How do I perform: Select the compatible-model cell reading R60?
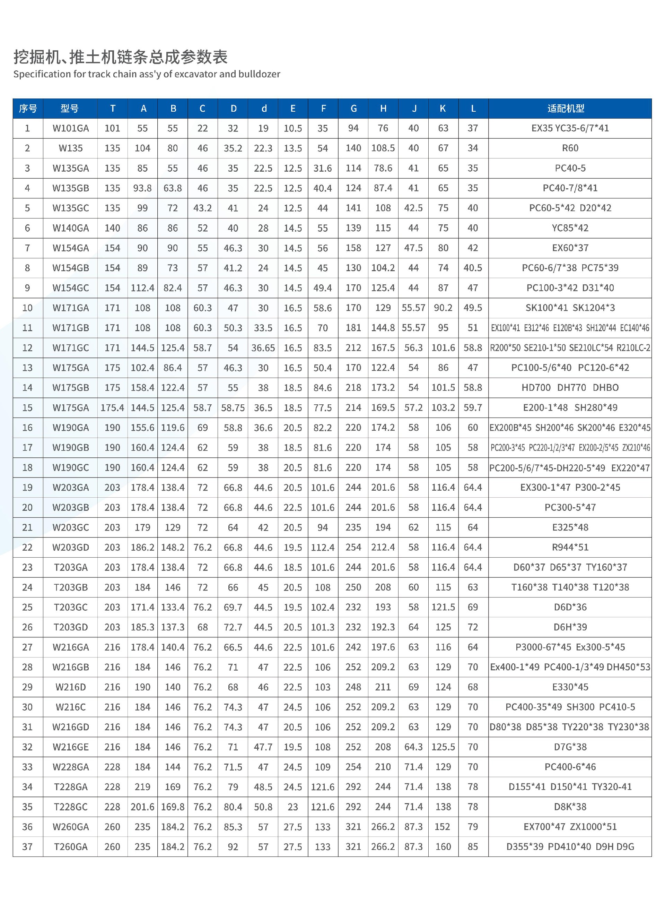570,148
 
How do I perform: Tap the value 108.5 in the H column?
383,148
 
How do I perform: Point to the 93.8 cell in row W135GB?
142,188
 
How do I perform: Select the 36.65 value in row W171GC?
263,347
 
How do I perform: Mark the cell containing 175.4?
112,407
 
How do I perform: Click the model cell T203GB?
70,587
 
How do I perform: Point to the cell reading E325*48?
570,527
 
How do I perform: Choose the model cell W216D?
70,687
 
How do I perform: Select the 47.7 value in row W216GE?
263,747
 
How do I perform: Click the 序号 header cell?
28,108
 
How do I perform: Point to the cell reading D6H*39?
570,627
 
